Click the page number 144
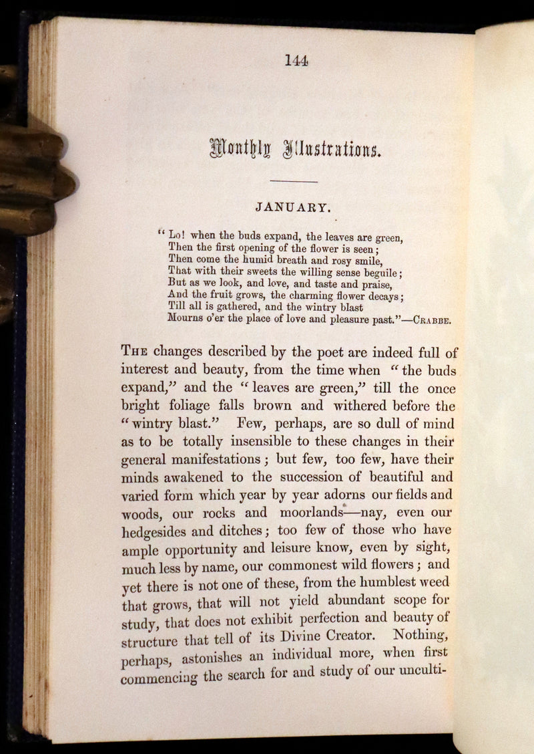click(x=296, y=61)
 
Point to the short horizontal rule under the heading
click(x=294, y=181)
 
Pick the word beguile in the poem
click(x=378, y=271)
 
